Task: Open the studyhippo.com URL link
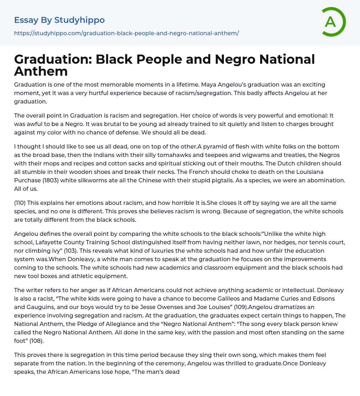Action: (127, 33)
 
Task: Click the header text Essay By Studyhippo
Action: (59, 20)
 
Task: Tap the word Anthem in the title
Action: (41, 71)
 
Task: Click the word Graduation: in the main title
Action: (53, 59)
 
